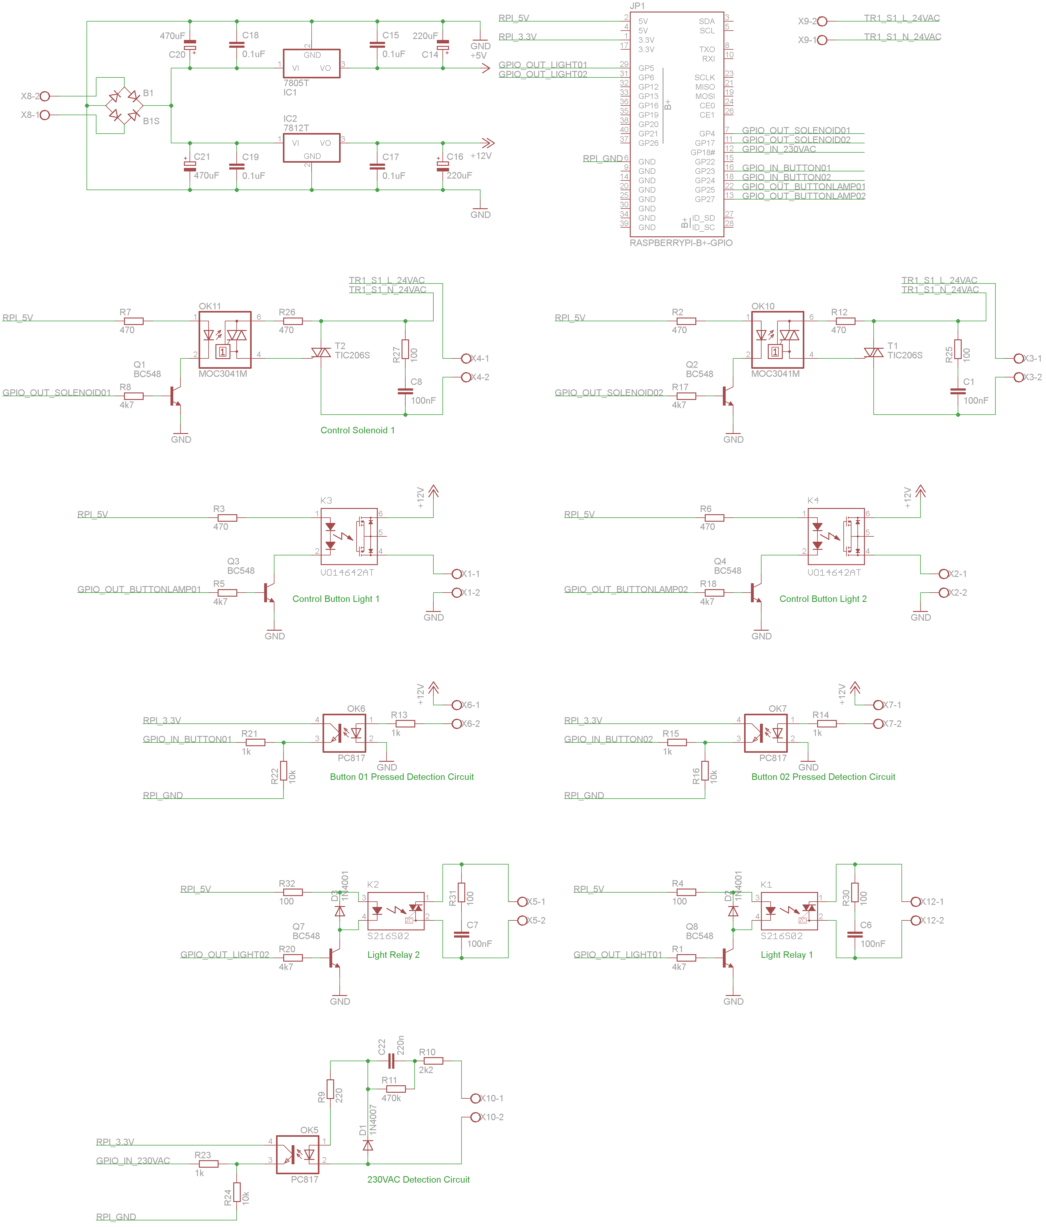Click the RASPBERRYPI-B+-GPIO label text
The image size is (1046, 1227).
(681, 243)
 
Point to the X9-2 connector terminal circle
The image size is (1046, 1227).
(822, 21)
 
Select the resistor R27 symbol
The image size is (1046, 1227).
(405, 349)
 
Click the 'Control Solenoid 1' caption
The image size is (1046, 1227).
(358, 431)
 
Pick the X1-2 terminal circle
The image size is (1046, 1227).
(457, 593)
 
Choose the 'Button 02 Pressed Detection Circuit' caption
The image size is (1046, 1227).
(823, 777)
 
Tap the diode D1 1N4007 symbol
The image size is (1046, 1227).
(368, 1146)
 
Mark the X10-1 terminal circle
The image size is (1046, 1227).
(476, 1098)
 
